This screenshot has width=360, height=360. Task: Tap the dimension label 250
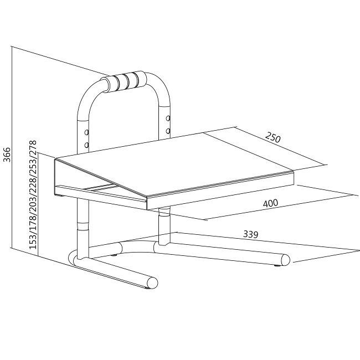(272, 137)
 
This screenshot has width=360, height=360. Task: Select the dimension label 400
(270, 203)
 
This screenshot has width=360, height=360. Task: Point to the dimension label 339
(251, 234)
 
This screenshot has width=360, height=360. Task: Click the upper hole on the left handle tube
(86, 132)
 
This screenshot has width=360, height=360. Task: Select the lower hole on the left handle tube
(86, 145)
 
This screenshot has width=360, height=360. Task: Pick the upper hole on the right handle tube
(168, 119)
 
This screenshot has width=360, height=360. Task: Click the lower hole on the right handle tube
(168, 131)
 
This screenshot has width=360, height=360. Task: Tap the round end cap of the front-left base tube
(152, 282)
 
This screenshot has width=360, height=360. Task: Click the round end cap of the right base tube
(285, 260)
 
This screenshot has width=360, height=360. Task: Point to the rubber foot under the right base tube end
(278, 266)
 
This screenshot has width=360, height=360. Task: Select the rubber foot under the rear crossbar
(114, 255)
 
